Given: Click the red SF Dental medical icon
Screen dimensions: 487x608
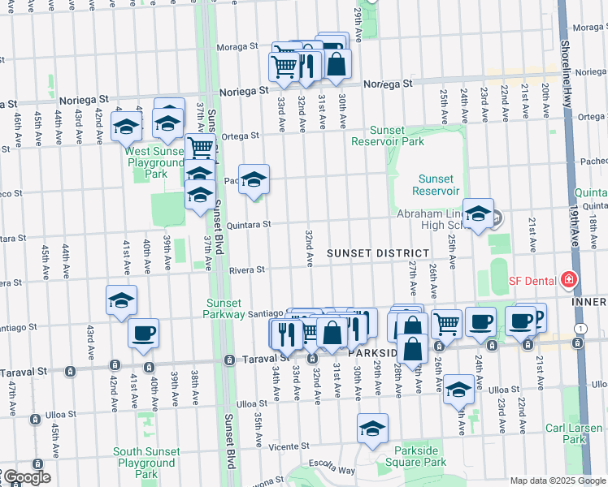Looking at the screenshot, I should point(569,281).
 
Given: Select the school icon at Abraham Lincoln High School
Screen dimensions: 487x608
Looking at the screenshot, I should point(478,214).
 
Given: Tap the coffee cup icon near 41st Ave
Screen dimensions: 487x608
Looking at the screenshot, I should point(143,333).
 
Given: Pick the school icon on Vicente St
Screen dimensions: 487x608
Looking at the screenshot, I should point(372,429).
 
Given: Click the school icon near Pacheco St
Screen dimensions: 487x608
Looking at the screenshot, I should point(254,179).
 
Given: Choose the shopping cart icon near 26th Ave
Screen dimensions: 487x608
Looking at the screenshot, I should point(445,324).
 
